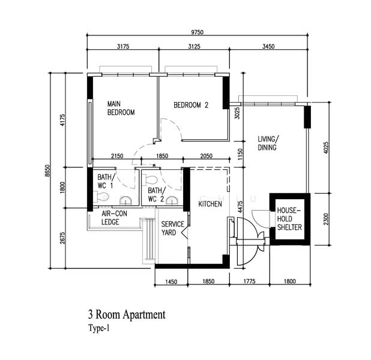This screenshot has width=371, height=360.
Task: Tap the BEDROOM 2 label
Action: [x=191, y=105]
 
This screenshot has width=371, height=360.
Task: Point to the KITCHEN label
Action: [x=210, y=205]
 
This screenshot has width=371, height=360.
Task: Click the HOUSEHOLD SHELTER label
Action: [x=288, y=218]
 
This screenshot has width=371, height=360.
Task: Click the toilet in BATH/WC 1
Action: [x=103, y=196]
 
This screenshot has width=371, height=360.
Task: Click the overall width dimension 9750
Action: [x=198, y=31]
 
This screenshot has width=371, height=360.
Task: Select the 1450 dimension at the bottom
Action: [x=170, y=280]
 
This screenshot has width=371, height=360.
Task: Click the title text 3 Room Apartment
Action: [x=126, y=314]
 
